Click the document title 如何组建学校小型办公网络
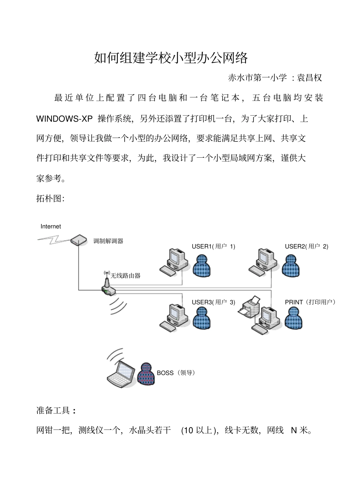point(171,58)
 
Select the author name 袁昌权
point(309,78)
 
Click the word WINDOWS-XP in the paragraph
point(64,119)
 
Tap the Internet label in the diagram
point(50,226)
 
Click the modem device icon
point(78,240)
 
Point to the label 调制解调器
point(108,241)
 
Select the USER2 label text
point(306,246)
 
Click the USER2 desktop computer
point(263,261)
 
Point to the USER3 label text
point(213,302)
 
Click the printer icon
point(249,307)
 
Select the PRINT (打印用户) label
point(310,302)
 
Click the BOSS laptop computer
point(121,374)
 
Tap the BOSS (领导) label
point(176,373)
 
